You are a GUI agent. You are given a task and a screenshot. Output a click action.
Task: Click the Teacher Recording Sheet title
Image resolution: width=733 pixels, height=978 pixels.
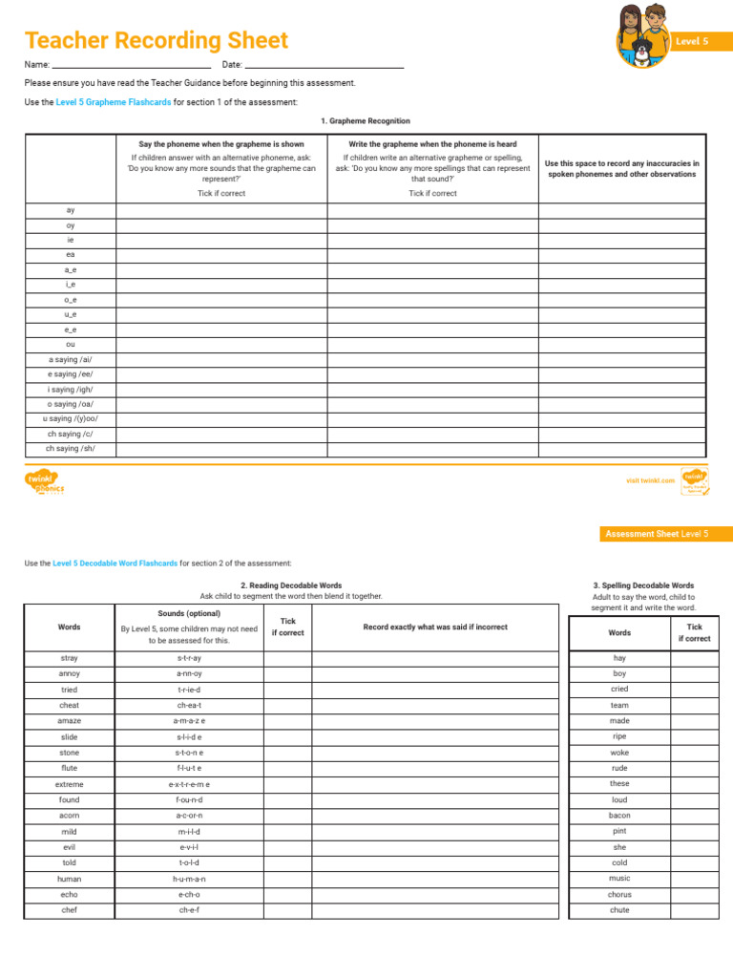pyautogui.click(x=156, y=41)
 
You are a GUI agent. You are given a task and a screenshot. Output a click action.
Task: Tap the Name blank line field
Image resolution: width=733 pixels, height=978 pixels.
pyautogui.click(x=131, y=65)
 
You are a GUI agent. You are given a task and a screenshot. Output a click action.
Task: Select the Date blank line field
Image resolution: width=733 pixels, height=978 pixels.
pyautogui.click(x=324, y=65)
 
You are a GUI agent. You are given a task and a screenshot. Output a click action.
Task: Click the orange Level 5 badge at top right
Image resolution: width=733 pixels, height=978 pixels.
pyautogui.click(x=691, y=42)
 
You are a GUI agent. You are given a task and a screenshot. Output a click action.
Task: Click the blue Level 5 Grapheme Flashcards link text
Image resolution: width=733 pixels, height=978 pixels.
pyautogui.click(x=114, y=102)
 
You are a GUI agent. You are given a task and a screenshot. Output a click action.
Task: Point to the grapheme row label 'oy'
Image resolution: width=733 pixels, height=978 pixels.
pyautogui.click(x=71, y=225)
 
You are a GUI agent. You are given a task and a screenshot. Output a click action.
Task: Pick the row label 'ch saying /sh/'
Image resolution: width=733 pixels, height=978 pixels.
pyautogui.click(x=71, y=448)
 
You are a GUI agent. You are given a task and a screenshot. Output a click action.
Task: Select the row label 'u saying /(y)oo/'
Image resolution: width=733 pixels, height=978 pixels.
pyautogui.click(x=71, y=418)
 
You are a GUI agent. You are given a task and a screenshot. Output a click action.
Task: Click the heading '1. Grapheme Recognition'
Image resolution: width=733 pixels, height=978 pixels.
pyautogui.click(x=366, y=121)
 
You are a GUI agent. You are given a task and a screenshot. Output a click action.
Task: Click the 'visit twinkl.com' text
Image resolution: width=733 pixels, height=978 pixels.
pyautogui.click(x=650, y=480)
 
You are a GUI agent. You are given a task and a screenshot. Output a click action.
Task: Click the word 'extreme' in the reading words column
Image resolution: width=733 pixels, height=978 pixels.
pyautogui.click(x=70, y=784)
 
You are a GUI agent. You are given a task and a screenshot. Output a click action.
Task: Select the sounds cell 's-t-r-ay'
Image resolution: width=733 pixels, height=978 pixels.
pyautogui.click(x=190, y=658)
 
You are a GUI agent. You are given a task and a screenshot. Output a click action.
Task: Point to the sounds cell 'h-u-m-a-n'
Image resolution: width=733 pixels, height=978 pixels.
pyautogui.click(x=190, y=879)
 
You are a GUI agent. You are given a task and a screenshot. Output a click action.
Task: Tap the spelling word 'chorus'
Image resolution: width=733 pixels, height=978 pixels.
pyautogui.click(x=619, y=895)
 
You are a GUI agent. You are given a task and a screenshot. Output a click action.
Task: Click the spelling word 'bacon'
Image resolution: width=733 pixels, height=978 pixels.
pyautogui.click(x=619, y=816)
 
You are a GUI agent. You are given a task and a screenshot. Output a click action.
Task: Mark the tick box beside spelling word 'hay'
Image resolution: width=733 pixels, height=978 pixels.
pyautogui.click(x=694, y=659)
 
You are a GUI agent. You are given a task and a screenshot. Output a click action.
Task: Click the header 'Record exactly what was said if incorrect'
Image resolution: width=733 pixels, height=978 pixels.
pyautogui.click(x=435, y=627)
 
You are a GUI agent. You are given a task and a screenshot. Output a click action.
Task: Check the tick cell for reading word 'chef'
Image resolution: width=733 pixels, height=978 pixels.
pyautogui.click(x=287, y=910)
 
